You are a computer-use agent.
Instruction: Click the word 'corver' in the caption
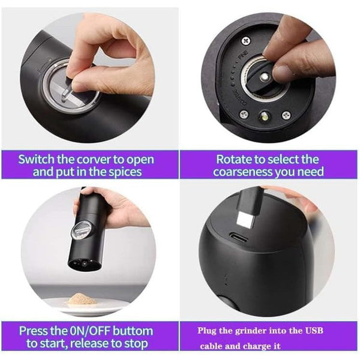(94, 160)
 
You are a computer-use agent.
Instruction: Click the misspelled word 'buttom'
(133, 331)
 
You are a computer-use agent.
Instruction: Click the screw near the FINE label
(246, 41)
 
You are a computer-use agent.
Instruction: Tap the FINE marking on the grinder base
(244, 54)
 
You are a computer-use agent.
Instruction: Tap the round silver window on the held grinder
(82, 229)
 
